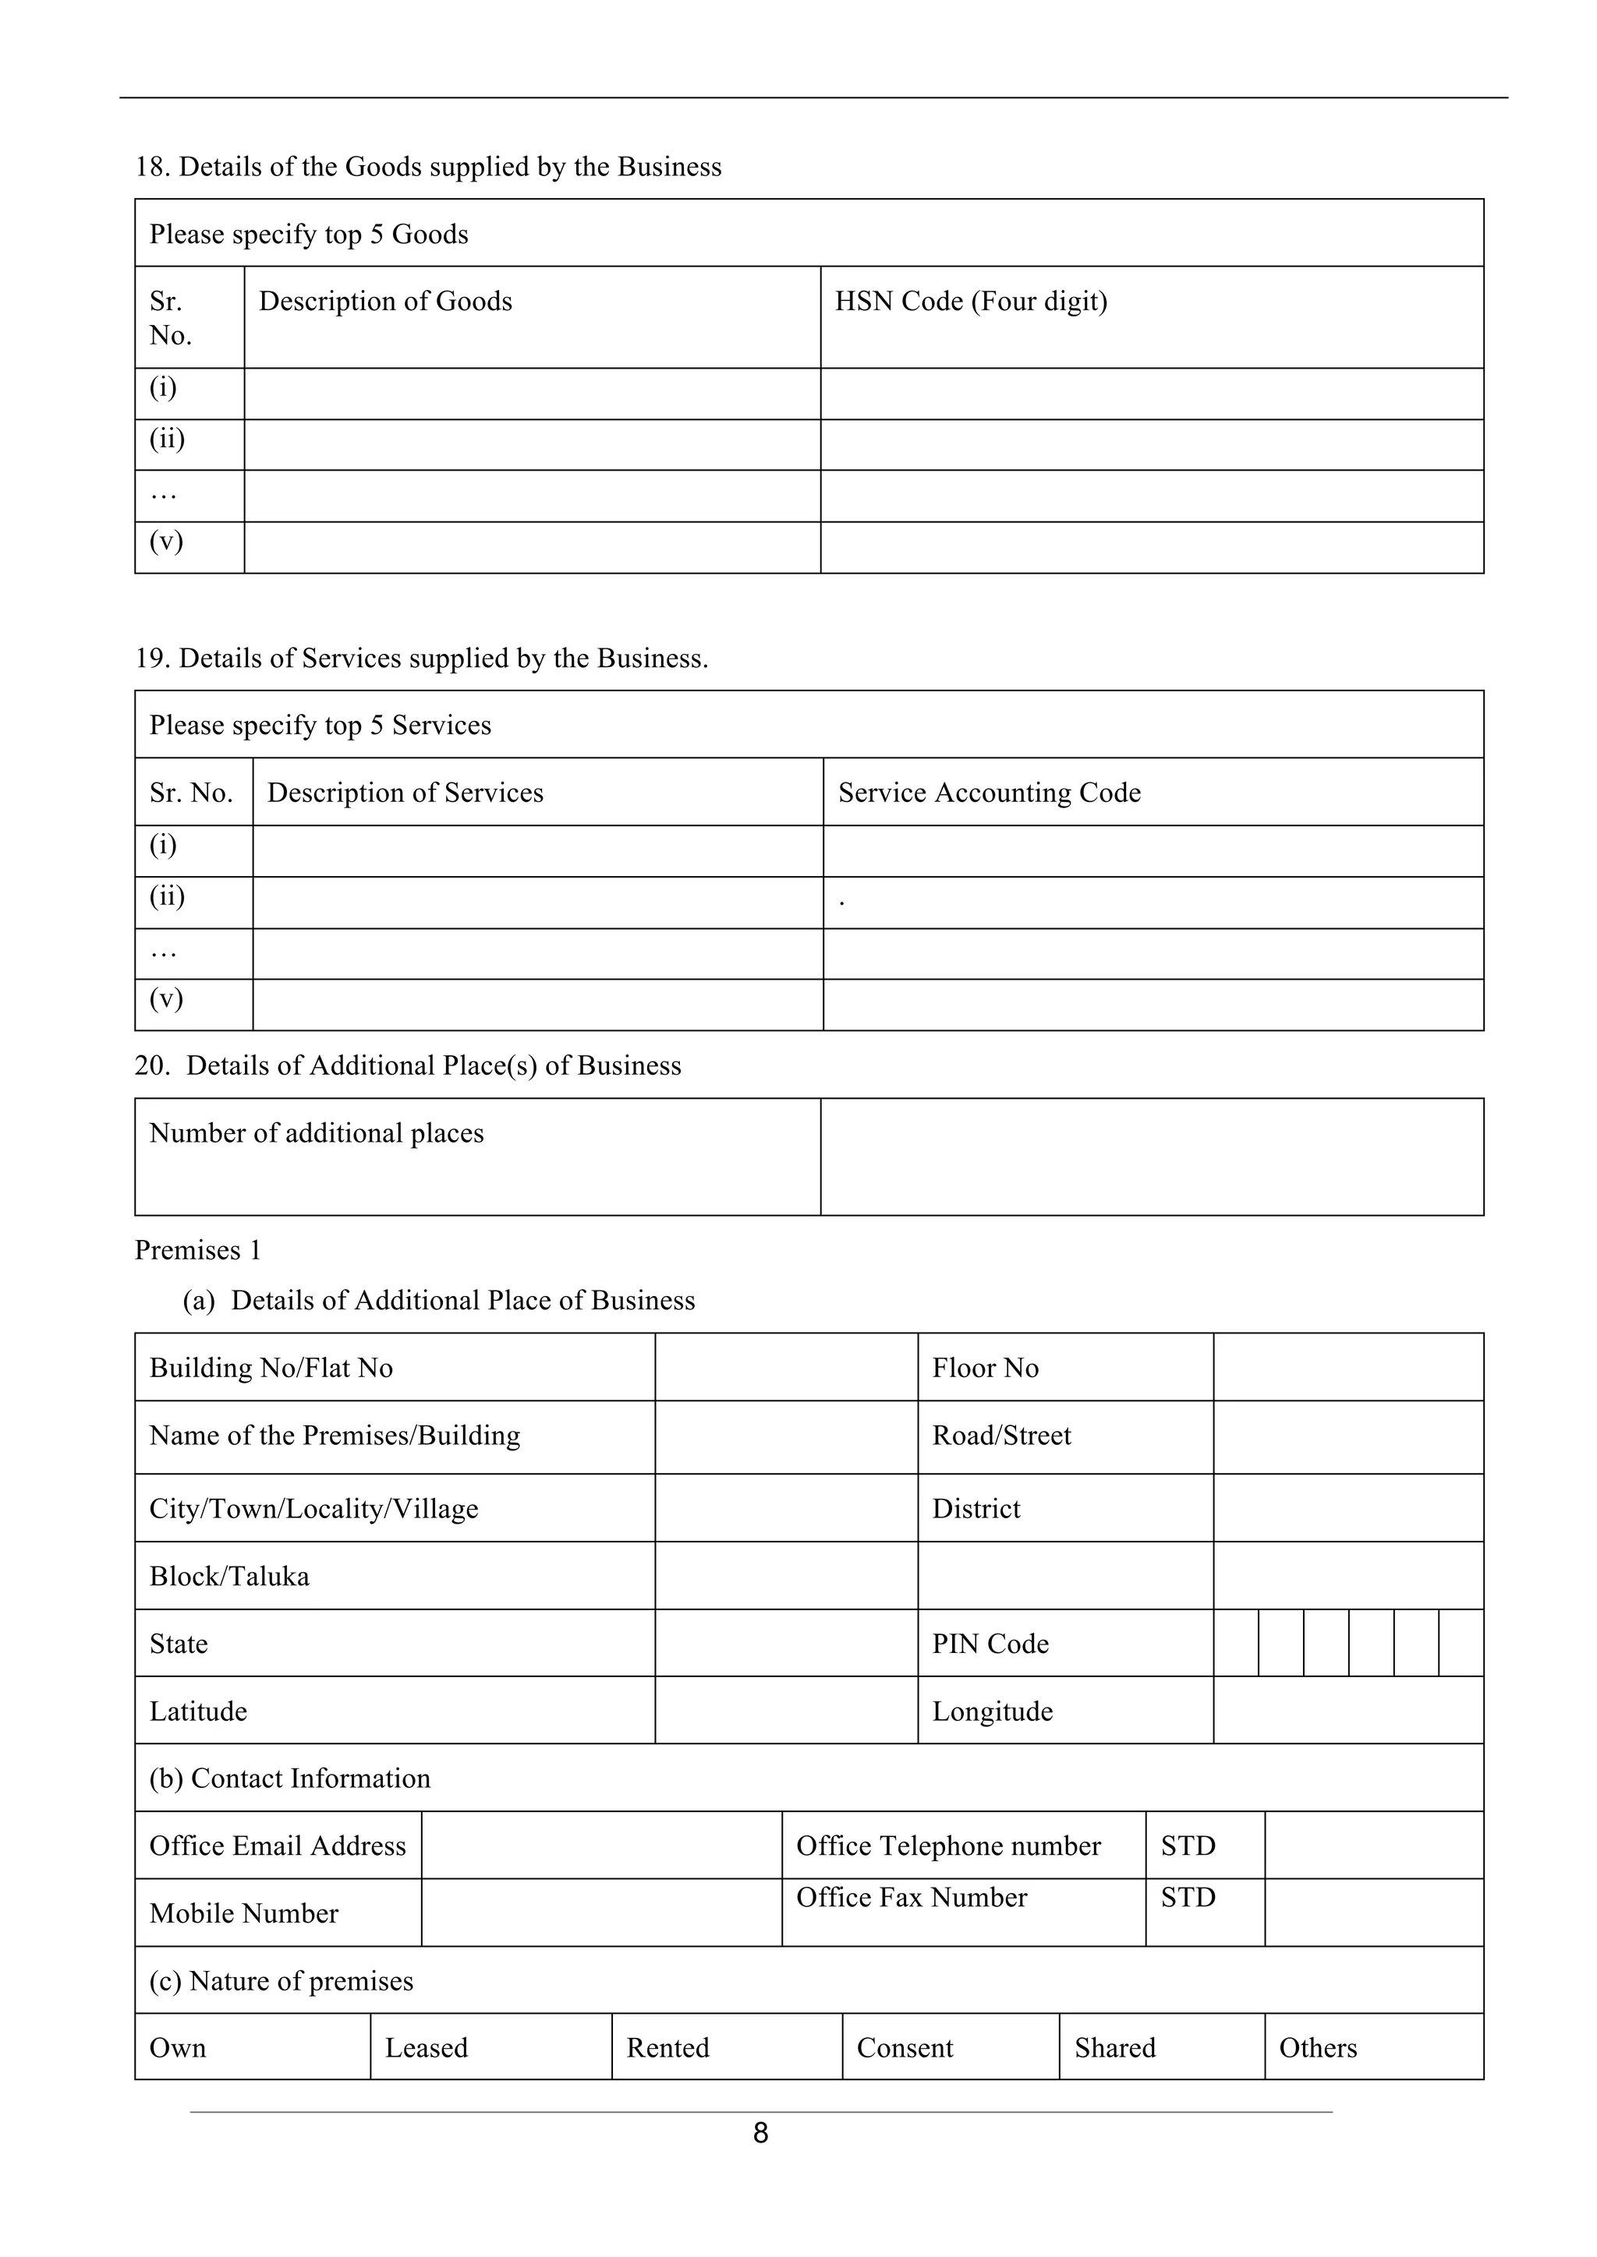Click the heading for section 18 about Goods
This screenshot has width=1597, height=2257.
click(428, 166)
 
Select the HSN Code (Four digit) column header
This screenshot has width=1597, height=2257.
click(971, 301)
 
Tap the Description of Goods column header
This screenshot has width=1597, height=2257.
click(385, 301)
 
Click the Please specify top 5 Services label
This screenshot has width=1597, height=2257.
click(320, 725)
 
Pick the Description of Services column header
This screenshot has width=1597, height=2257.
click(405, 793)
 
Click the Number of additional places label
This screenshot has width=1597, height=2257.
click(317, 1132)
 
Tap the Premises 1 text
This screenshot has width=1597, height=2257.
click(197, 1249)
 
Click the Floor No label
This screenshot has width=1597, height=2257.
click(986, 1368)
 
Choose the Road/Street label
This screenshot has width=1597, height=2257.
click(1001, 1436)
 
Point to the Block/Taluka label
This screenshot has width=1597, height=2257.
click(229, 1576)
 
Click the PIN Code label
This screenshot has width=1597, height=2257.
click(990, 1644)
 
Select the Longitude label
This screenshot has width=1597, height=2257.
click(992, 1711)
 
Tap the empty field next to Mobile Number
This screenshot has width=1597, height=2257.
click(601, 1913)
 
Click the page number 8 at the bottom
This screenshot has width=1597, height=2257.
click(760, 2133)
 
